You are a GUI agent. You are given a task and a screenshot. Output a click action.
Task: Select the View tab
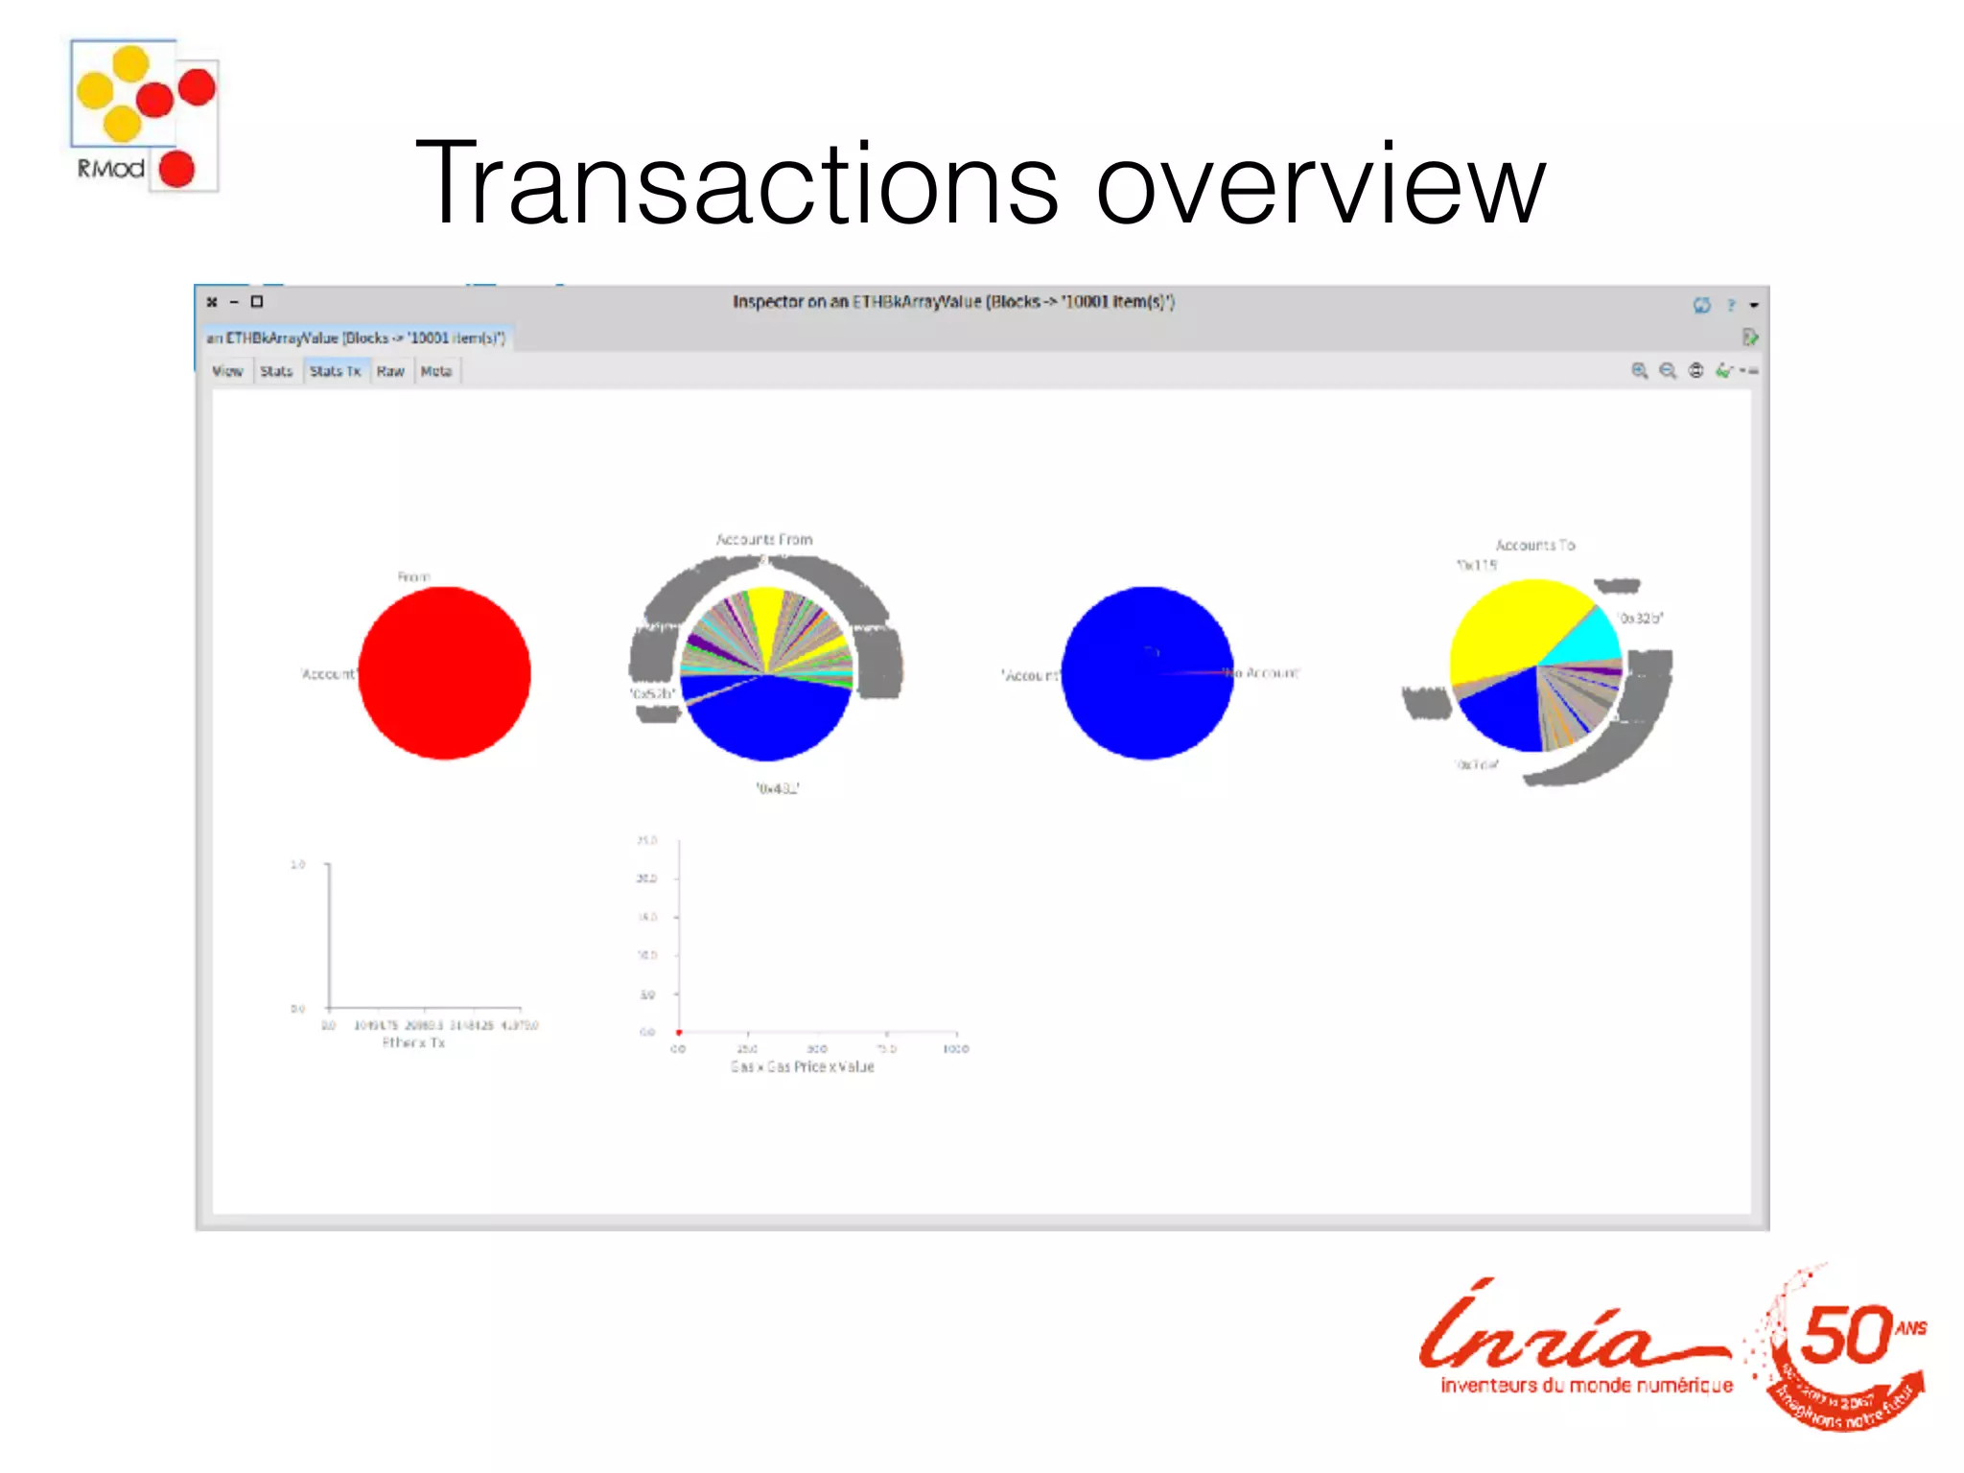pyautogui.click(x=227, y=371)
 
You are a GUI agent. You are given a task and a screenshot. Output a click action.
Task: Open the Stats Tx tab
pyautogui.click(x=335, y=371)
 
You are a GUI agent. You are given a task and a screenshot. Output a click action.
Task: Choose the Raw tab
pyautogui.click(x=390, y=371)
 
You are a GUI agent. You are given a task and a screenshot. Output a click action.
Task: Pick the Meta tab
pyautogui.click(x=436, y=371)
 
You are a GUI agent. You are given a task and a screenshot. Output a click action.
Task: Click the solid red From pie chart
pyautogui.click(x=444, y=673)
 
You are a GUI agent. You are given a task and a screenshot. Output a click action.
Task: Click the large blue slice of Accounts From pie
pyautogui.click(x=767, y=719)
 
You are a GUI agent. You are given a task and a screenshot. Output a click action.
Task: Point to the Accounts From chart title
pyautogui.click(x=764, y=540)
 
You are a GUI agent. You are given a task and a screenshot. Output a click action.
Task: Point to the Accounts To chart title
pyautogui.click(x=1535, y=545)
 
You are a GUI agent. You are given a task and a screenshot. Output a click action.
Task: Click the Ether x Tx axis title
pyautogui.click(x=413, y=1042)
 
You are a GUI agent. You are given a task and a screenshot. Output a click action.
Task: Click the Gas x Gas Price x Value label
pyautogui.click(x=803, y=1066)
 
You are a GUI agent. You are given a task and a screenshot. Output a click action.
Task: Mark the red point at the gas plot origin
pyautogui.click(x=679, y=1033)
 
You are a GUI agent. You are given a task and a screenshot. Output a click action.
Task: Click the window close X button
pyautogui.click(x=212, y=302)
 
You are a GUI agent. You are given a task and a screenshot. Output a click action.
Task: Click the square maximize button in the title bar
pyautogui.click(x=257, y=302)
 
